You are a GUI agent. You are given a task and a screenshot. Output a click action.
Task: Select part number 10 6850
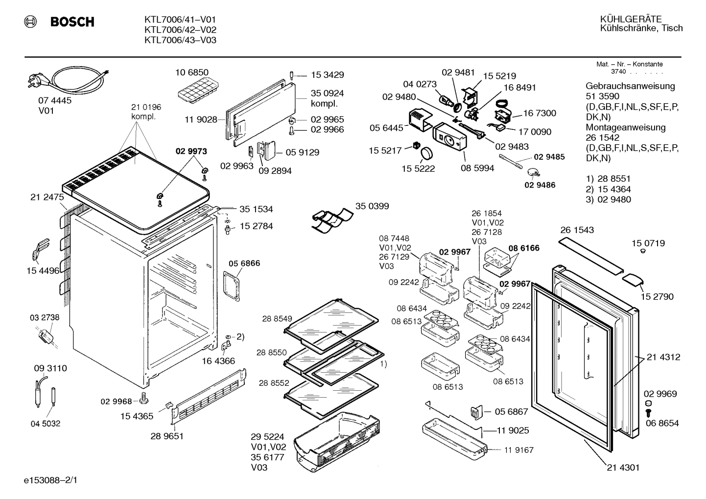pos(192,72)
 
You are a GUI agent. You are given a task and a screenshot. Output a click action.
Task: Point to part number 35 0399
pos(372,206)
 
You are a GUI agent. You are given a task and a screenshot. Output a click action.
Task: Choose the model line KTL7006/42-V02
pos(180,30)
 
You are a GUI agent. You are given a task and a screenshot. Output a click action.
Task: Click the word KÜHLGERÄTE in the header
pos(631,19)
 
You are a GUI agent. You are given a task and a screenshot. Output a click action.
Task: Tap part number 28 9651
pos(167,436)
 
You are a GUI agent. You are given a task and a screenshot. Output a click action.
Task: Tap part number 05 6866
pos(243,263)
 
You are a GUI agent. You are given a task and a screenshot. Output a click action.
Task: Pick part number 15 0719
pos(648,243)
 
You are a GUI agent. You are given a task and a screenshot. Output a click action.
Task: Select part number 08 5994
pos(477,168)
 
